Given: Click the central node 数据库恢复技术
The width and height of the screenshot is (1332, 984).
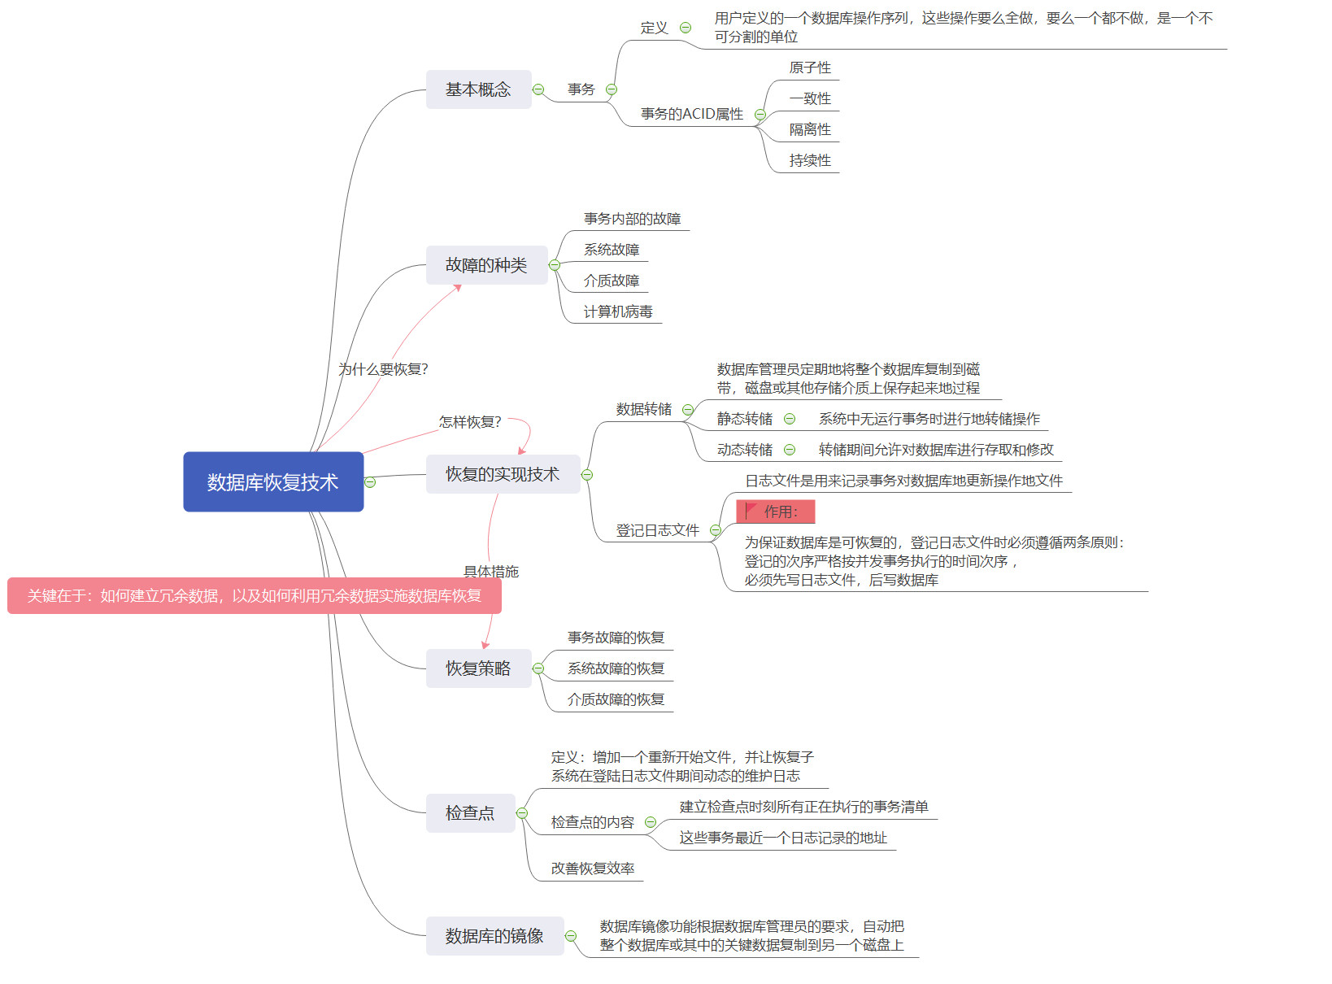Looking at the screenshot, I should coord(273,481).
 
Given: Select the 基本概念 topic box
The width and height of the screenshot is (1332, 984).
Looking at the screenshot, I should coord(478,89).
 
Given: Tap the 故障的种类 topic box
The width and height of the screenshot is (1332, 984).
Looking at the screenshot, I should coord(486,265).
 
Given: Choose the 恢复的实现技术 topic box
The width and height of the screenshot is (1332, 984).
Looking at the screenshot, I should coord(503,474).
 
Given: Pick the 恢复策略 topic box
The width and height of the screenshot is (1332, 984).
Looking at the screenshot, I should coord(478,668).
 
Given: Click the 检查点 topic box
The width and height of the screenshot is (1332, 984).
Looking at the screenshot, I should coord(470,813).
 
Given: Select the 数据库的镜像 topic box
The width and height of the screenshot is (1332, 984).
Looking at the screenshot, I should coord(494,936).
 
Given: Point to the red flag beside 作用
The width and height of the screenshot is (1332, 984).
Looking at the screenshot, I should coord(751,511).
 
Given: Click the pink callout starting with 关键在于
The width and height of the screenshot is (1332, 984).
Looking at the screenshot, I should coord(255,596).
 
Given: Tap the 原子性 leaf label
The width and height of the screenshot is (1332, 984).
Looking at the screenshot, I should coord(810,67).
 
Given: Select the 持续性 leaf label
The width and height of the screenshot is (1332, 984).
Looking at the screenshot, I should coord(810,160).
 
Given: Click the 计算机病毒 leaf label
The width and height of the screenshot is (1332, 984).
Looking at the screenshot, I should coord(618,311).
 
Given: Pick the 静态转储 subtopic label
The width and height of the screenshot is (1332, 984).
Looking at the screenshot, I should coord(745,419).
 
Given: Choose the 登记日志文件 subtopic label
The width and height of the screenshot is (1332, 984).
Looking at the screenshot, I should coord(657,530).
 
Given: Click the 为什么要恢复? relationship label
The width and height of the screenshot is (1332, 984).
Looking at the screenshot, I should coord(383,369).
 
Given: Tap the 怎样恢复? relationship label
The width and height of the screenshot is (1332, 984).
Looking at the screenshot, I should coord(470,422).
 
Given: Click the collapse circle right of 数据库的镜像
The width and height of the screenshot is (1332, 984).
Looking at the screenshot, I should coord(571,936).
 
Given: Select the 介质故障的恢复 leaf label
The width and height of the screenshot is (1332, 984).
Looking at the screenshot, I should coord(616,699).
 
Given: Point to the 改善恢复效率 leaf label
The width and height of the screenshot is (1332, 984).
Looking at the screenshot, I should coord(593,869).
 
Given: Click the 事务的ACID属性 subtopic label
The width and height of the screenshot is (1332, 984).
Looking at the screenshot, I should coord(692,114).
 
